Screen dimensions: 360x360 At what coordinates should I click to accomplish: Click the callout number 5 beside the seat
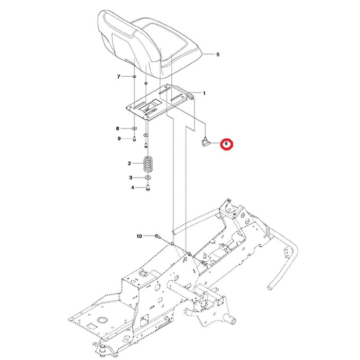point(218,54)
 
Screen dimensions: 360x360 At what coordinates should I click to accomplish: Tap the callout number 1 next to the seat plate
point(204,93)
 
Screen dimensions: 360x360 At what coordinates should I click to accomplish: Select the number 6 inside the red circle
point(226,145)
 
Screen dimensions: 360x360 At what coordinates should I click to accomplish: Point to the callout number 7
point(118,77)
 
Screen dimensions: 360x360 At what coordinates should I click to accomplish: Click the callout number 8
point(118,128)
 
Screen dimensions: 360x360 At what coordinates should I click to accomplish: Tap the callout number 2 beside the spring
point(130,164)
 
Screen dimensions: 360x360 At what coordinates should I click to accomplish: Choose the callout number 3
point(131,177)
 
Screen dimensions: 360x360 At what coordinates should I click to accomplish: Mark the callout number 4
point(132,188)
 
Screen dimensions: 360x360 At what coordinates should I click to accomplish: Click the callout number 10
point(139,237)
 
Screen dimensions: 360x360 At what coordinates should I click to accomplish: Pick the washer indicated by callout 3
point(147,177)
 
